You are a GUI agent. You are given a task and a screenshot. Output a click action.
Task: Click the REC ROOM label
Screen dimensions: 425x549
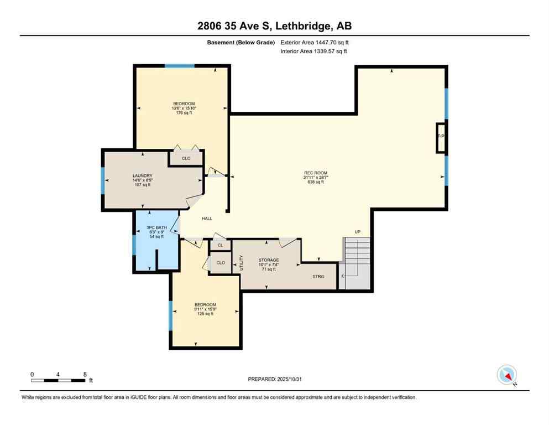315,173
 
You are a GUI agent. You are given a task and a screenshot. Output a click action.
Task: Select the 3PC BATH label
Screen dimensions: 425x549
156,227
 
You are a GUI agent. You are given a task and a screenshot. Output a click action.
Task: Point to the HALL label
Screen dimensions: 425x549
207,219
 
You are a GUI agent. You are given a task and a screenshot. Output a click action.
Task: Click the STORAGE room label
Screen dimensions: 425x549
269,260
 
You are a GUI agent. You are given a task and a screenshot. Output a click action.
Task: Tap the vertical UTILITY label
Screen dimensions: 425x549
241,262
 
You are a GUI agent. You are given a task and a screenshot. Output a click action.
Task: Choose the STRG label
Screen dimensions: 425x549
318,277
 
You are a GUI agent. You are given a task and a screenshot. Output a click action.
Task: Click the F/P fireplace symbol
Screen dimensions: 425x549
441,137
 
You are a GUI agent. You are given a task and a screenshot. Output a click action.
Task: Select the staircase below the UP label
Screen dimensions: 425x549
357,263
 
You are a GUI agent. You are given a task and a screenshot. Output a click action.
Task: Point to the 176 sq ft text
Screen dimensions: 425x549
184,113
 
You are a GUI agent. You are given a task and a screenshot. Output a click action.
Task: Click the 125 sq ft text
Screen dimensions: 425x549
205,314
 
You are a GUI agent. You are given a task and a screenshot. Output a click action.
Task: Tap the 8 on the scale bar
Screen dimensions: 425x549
85,374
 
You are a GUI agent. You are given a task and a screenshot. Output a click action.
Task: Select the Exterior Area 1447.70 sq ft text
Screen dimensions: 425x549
315,42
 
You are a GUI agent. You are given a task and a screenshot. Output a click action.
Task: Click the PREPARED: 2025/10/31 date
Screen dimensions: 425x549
274,379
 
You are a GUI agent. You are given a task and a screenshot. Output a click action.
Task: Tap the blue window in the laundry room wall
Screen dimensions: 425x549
103,180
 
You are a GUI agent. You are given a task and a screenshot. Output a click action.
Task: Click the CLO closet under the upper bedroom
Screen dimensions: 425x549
186,158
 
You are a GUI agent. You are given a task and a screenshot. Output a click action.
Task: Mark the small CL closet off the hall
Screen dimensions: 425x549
220,245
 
